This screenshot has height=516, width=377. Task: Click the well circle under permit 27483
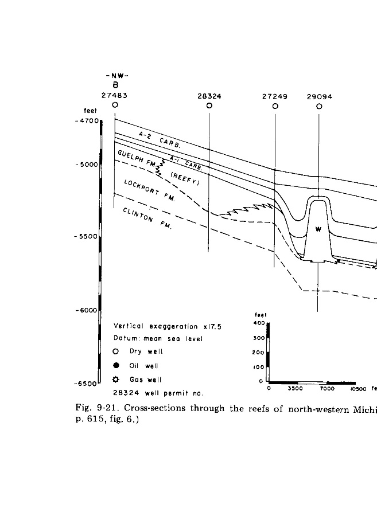[115, 105]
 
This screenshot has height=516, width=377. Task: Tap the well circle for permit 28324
[209, 105]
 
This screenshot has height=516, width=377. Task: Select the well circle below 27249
[275, 105]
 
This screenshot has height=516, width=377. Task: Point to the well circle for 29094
[319, 105]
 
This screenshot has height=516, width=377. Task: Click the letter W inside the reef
[318, 230]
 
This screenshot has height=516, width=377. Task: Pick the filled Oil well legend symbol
[116, 366]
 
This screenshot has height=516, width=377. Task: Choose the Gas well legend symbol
[116, 380]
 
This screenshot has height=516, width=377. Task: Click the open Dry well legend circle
[116, 352]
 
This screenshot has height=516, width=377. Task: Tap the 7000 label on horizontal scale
[327, 389]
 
